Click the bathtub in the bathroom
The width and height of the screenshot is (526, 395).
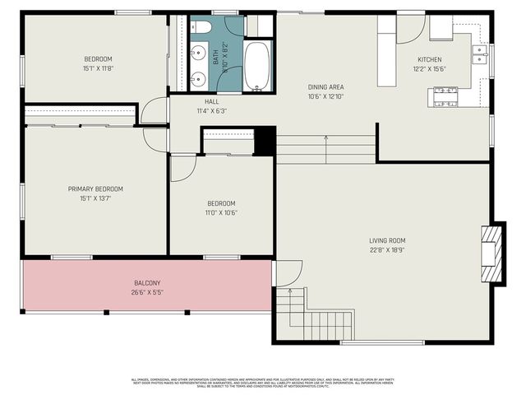tap(256, 65)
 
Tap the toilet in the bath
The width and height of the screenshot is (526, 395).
tap(202, 28)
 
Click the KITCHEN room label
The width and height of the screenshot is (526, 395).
tap(429, 60)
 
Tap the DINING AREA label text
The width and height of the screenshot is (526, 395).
tap(325, 87)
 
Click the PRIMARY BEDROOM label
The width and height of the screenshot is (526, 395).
tap(95, 188)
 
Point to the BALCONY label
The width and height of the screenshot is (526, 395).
tap(147, 283)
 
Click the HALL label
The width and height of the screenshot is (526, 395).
tap(212, 101)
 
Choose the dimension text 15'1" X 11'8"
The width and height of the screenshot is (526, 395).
tap(98, 68)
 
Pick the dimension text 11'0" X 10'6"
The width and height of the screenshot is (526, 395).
tap(221, 212)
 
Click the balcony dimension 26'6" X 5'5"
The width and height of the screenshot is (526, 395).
tap(147, 292)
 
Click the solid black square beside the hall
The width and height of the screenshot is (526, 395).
tap(265, 141)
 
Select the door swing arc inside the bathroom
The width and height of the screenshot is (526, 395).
tap(233, 26)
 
